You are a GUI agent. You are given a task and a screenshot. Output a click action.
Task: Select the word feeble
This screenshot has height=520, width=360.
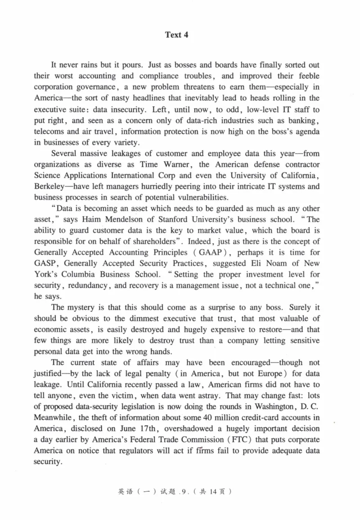tap(307, 76)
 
